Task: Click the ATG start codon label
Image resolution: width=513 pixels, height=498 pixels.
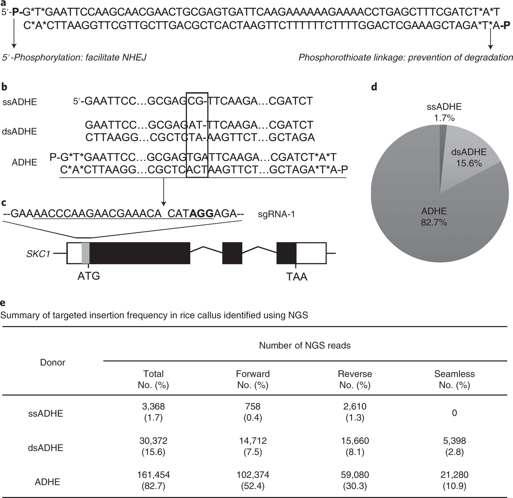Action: tap(89, 275)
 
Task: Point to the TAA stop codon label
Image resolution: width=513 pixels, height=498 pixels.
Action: tap(297, 276)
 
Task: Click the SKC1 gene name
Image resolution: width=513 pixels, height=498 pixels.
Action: tap(38, 254)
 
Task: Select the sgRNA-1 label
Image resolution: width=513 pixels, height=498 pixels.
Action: tap(277, 214)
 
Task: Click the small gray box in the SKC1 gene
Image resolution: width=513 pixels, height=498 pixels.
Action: tap(86, 253)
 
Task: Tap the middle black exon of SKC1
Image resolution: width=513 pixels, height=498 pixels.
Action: tap(232, 253)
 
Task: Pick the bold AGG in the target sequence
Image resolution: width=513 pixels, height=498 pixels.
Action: tap(201, 214)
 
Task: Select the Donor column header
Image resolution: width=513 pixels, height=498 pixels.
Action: tap(53, 362)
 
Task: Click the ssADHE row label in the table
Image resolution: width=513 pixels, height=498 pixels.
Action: tap(46, 414)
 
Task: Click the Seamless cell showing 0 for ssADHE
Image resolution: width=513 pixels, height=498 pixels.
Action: tap(454, 413)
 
